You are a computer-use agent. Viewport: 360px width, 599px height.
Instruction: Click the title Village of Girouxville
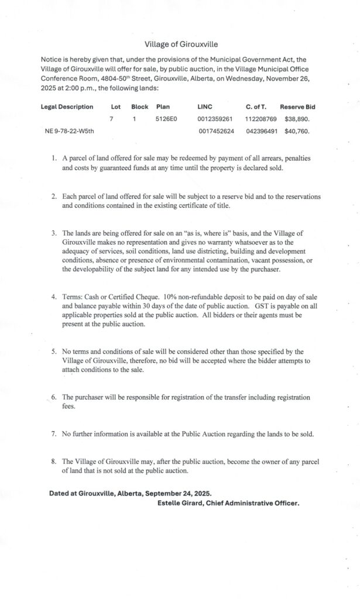click(x=181, y=44)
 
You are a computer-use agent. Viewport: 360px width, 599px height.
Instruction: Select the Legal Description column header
click(x=67, y=107)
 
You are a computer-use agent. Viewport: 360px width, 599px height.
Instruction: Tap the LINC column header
click(x=205, y=107)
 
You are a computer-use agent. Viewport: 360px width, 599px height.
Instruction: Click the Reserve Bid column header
click(x=297, y=107)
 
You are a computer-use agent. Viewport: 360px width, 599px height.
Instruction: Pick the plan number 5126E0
click(x=166, y=119)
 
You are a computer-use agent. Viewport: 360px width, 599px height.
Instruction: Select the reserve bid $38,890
click(x=297, y=119)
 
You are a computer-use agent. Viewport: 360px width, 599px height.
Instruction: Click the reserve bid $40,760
click(x=297, y=131)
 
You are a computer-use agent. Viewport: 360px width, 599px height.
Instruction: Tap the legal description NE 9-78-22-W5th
click(x=70, y=131)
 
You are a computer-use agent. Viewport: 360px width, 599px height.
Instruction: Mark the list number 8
click(x=53, y=462)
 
